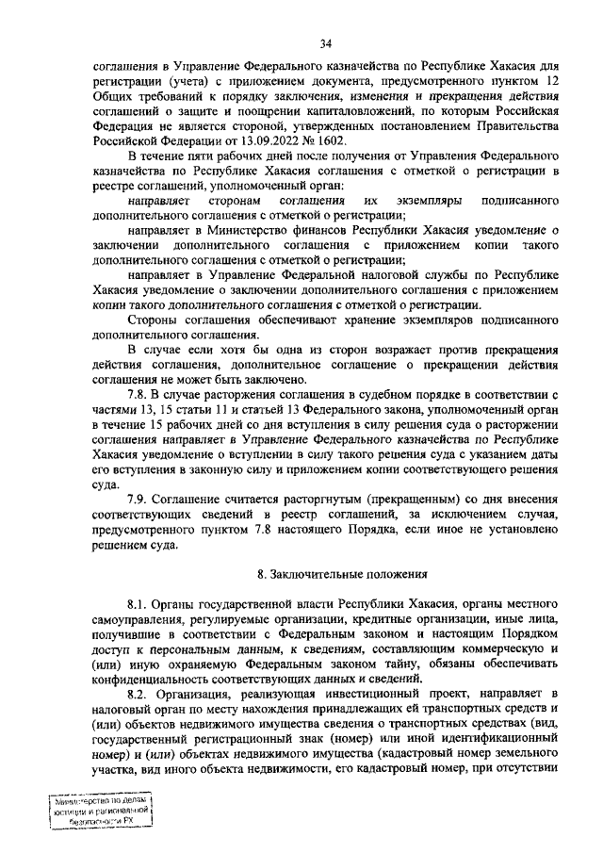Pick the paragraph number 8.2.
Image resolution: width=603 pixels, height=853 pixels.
click(x=139, y=691)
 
